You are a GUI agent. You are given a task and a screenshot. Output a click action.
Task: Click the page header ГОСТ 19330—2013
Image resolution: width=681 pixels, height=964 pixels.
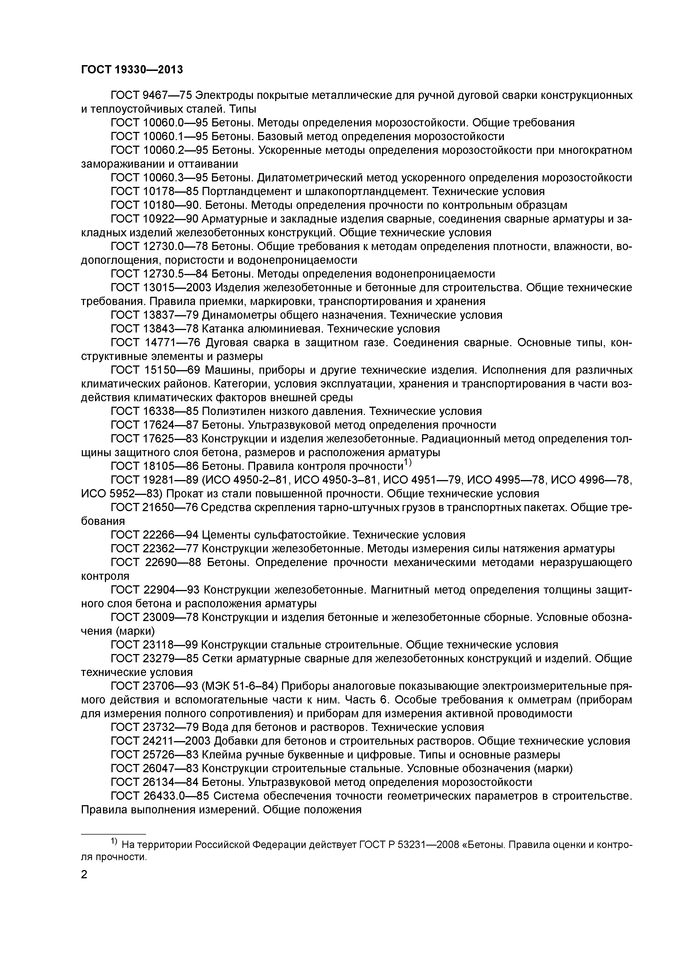[132, 69]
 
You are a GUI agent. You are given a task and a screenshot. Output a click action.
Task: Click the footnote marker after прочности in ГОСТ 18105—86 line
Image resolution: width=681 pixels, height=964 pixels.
[408, 463]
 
